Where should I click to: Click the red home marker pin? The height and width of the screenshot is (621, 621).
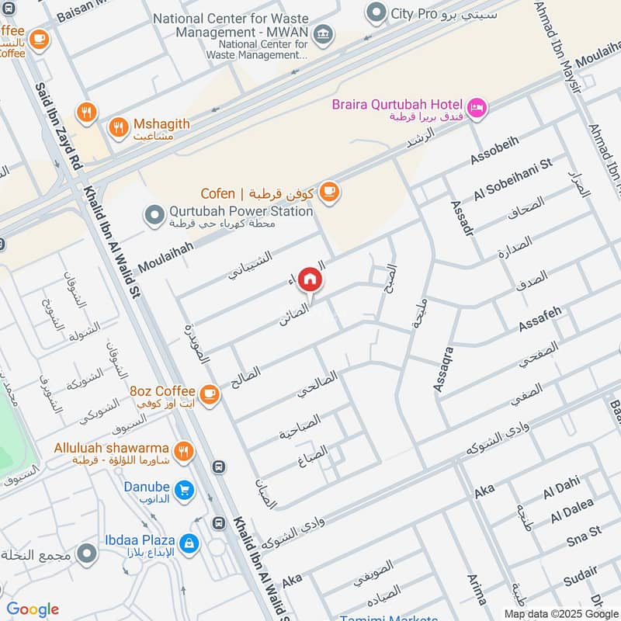tap(309, 279)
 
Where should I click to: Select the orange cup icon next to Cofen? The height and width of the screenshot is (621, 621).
tap(329, 192)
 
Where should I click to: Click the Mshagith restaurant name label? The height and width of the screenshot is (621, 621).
tap(161, 124)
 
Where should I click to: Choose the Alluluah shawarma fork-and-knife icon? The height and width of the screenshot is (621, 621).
tap(183, 449)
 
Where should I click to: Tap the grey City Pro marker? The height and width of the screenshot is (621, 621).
tap(376, 12)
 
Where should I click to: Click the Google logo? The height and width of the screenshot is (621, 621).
tap(33, 609)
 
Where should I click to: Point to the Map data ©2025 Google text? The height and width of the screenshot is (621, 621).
tap(561, 612)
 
